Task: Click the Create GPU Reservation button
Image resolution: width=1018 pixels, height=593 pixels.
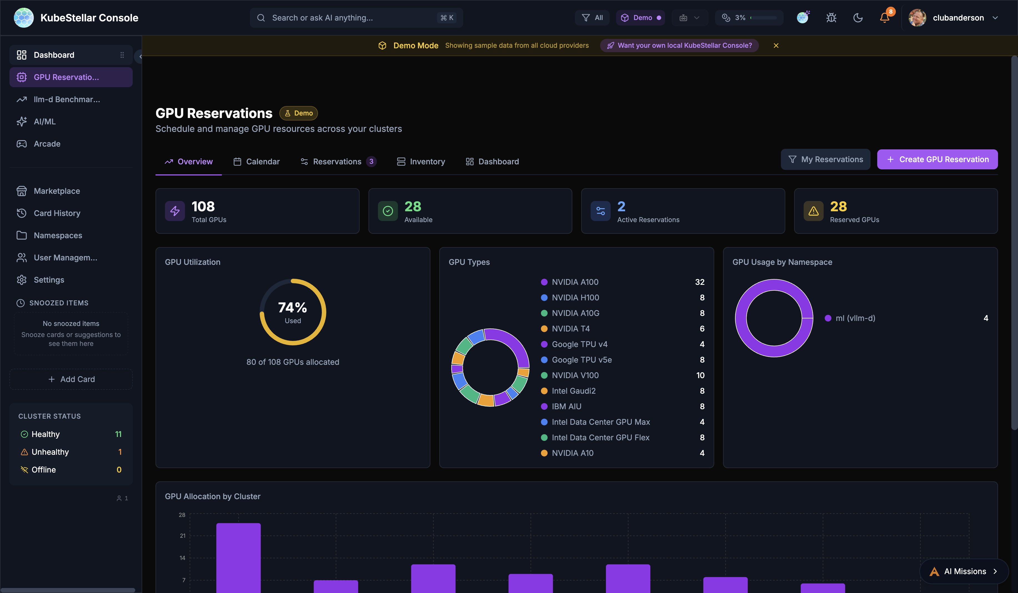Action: (937, 160)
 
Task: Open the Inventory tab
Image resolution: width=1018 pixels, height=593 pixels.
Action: (421, 162)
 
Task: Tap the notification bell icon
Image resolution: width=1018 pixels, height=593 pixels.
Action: (884, 18)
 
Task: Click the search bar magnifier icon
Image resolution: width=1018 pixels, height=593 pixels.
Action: (261, 18)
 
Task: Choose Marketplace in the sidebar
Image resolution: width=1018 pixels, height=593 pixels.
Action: (57, 191)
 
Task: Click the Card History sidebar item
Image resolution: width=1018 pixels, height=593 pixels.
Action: (57, 213)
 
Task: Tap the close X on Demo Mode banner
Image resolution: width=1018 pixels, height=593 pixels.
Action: (776, 46)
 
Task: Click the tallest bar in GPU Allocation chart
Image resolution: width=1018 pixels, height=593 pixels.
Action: (238, 557)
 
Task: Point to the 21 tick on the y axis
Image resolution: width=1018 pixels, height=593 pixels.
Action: (183, 536)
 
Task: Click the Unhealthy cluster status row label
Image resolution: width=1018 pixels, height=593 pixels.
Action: (50, 452)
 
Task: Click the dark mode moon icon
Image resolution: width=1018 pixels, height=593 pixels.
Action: (857, 18)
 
